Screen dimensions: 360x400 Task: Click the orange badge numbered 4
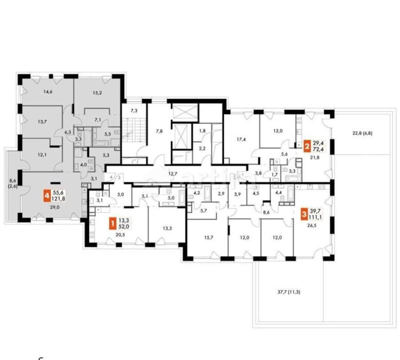46,195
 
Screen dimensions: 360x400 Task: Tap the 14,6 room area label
48,92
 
